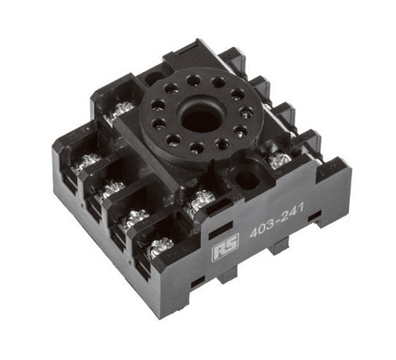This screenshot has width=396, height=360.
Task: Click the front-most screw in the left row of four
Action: tap(159, 246)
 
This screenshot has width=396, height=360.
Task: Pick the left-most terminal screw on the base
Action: tap(86, 163)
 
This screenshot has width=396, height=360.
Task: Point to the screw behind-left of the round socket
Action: tap(121, 109)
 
